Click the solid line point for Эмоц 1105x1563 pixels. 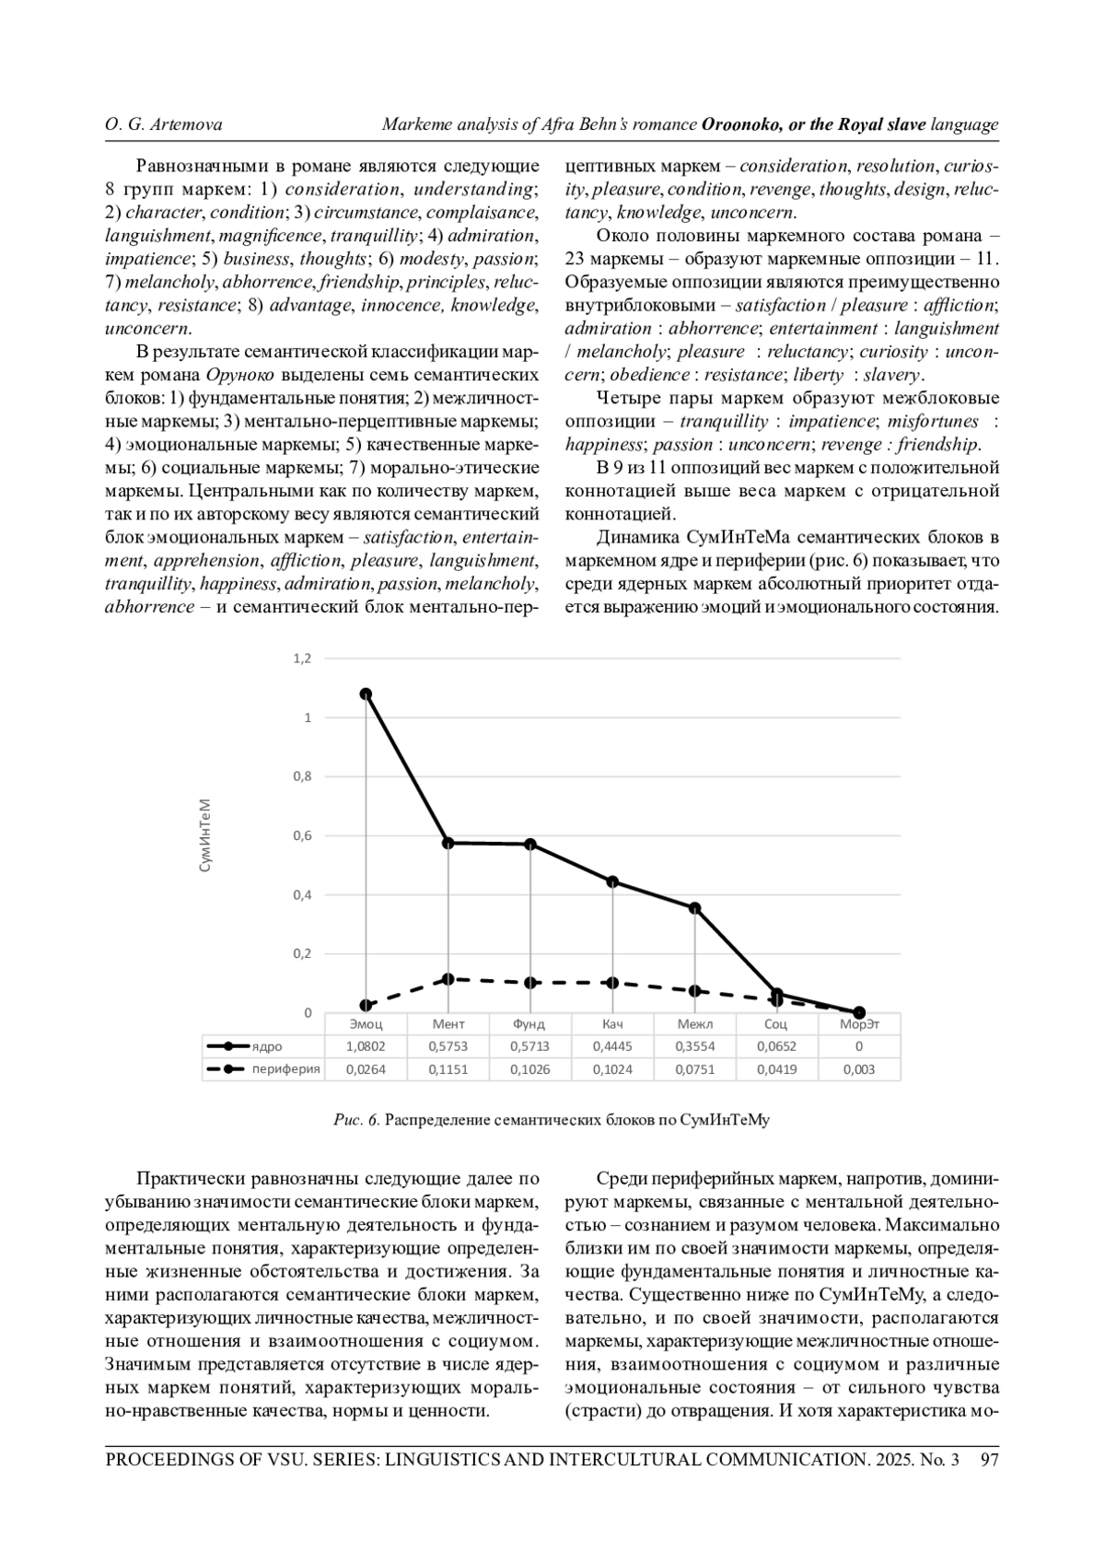pos(366,694)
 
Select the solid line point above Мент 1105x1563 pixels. pos(448,843)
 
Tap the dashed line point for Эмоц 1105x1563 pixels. pos(366,1005)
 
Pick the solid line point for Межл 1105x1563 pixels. pos(695,908)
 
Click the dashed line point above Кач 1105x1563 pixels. pos(613,983)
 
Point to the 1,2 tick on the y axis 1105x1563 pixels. pos(303,659)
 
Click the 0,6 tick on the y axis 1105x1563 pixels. pos(303,835)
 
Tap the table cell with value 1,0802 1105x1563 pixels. pos(366,1046)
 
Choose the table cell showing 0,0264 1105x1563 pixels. pos(366,1069)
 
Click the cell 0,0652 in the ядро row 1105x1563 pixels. pos(776,1046)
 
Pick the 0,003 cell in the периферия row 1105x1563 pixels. pos(859,1069)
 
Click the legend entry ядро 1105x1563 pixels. pos(267,1046)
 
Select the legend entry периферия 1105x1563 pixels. pos(285,1069)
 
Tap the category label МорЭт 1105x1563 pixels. pos(859,1024)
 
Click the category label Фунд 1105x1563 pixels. pos(529,1024)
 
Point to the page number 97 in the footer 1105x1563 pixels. pos(990,1460)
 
